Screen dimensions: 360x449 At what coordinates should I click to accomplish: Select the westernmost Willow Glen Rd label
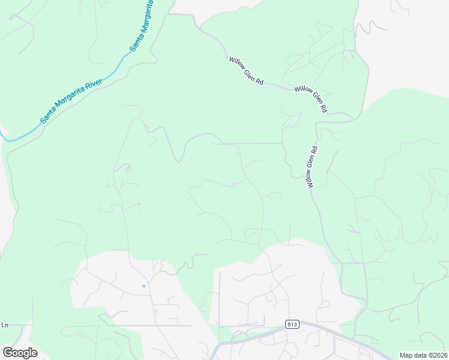point(246,70)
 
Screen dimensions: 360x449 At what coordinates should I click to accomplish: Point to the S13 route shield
point(292,325)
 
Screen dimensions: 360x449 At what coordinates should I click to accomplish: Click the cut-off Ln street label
point(5,325)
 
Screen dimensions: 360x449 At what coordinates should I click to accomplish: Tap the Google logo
point(20,353)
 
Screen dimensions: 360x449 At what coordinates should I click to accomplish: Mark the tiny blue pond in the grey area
point(143,286)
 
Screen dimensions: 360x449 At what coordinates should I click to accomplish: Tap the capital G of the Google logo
point(8,352)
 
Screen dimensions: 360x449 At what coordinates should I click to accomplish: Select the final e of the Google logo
point(34,353)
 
